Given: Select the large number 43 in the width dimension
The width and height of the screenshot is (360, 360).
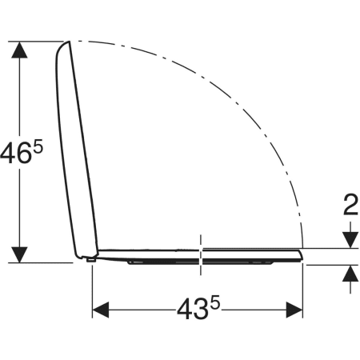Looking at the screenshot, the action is point(192,310).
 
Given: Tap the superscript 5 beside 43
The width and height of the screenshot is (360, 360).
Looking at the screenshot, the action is point(216,303).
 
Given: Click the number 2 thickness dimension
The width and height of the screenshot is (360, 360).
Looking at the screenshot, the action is point(350,205).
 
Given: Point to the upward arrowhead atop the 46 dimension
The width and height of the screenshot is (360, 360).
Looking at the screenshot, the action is point(19,50).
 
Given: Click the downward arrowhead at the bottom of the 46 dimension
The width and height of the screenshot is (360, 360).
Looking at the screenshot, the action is point(19,254).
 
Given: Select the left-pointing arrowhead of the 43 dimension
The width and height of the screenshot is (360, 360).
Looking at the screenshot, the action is point(101,310).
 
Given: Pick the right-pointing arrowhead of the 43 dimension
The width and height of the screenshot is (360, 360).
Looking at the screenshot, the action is point(294,310).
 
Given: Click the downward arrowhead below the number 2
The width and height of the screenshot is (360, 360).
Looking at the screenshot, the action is point(350,240).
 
